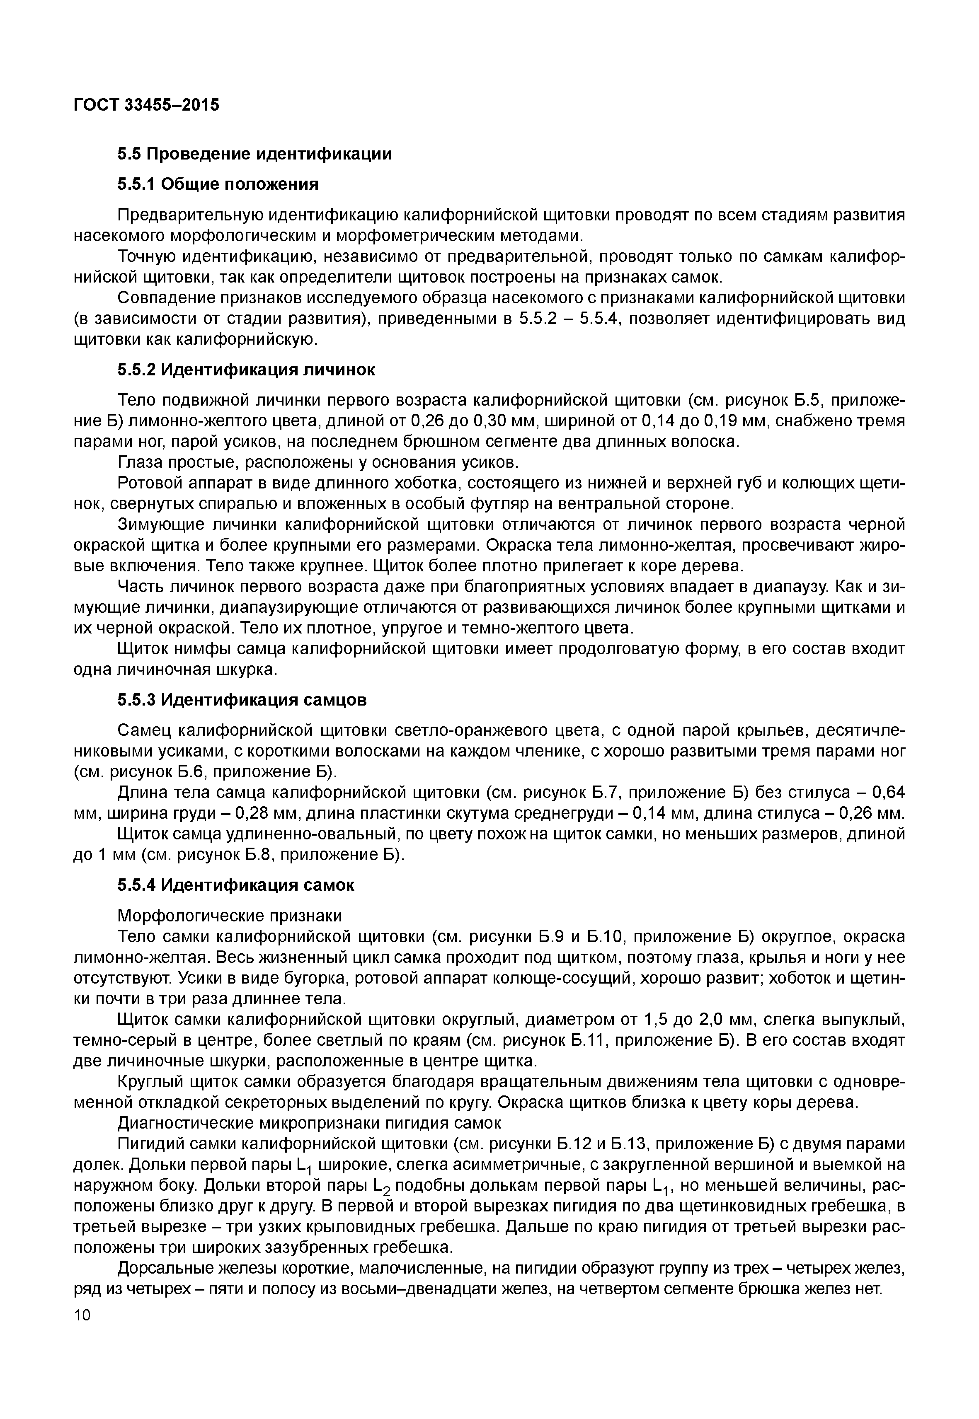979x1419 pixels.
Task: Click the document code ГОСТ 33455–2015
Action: tap(146, 105)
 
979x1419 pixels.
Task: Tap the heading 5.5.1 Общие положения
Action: tap(218, 184)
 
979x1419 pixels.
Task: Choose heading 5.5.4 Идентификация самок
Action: tap(235, 885)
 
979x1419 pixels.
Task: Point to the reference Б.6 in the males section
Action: tap(182, 771)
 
